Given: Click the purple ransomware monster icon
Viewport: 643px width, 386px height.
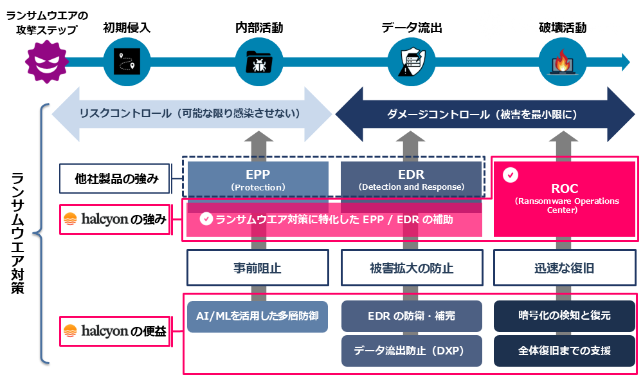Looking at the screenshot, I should pyautogui.click(x=46, y=62).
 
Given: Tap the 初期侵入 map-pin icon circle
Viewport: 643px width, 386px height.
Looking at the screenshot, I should pyautogui.click(x=127, y=62).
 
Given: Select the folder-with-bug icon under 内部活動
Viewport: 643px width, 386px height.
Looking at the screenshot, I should pyautogui.click(x=258, y=62).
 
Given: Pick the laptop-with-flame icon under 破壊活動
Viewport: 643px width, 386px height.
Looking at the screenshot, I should pyautogui.click(x=562, y=62).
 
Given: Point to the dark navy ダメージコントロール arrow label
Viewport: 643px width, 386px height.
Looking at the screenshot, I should pyautogui.click(x=482, y=114).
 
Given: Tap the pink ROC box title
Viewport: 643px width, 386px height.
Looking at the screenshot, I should pyautogui.click(x=565, y=189).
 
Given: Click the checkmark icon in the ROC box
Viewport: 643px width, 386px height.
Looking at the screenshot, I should pyautogui.click(x=511, y=174).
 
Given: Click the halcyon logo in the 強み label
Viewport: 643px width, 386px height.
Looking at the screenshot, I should pyautogui.click(x=96, y=220).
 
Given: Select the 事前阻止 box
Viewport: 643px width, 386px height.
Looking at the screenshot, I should pyautogui.click(x=258, y=268).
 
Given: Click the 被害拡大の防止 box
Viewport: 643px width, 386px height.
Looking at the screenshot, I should pyautogui.click(x=411, y=268).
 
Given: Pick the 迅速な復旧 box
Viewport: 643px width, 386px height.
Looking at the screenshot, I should pyautogui.click(x=564, y=268).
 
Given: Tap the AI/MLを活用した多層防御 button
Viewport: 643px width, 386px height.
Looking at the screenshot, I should pyautogui.click(x=258, y=316).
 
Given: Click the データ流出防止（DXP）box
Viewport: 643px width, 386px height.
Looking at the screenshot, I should pyautogui.click(x=411, y=351).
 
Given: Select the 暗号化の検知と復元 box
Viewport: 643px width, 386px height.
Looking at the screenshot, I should pyautogui.click(x=564, y=316).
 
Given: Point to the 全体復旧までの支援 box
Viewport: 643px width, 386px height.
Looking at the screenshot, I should pyautogui.click(x=564, y=351).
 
